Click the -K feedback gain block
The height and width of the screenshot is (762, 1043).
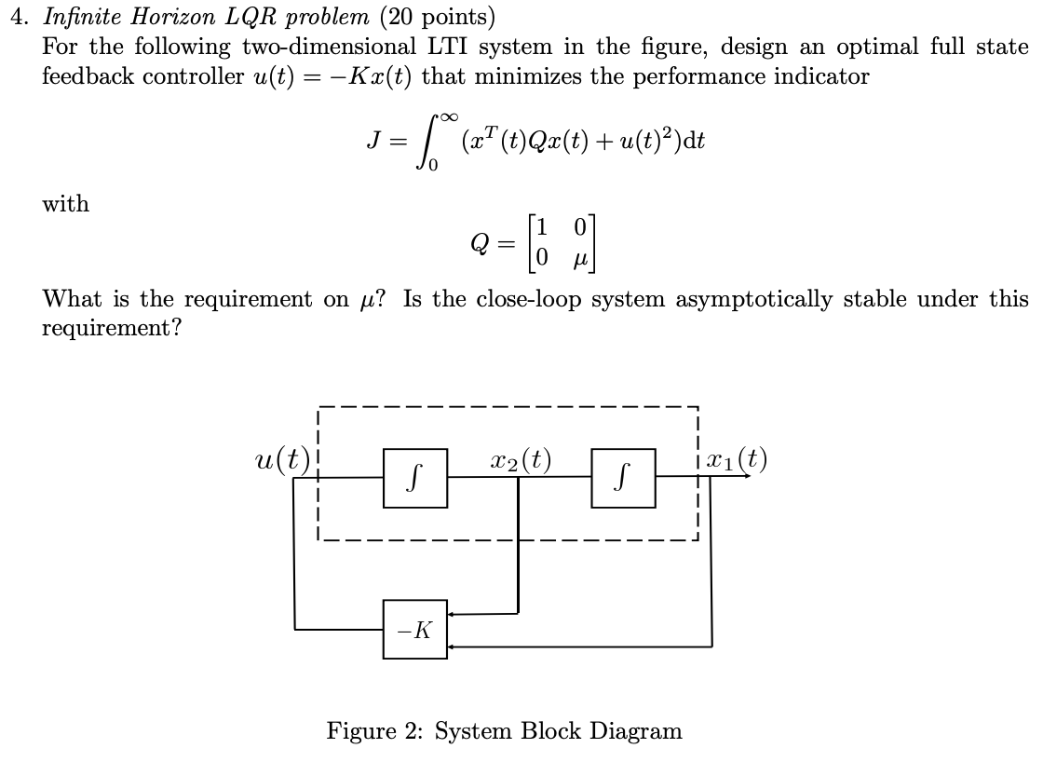(414, 630)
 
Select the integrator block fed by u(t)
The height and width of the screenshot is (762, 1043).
(415, 478)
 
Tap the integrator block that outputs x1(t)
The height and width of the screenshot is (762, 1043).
(623, 478)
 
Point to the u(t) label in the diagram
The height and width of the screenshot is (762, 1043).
(282, 459)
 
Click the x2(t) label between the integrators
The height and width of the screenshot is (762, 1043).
(520, 459)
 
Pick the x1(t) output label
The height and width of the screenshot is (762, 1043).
(737, 459)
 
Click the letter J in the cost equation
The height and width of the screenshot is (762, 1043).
(373, 142)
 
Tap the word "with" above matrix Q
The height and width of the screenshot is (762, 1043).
(66, 204)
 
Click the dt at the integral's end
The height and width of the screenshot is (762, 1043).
(693, 142)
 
